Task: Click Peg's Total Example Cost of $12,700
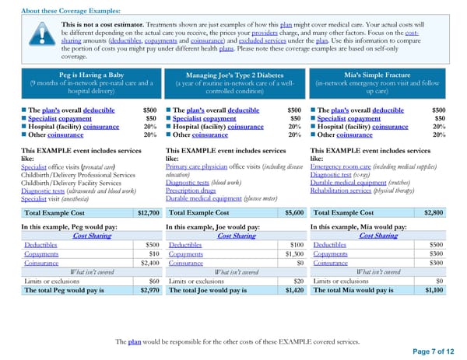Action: click(148, 211)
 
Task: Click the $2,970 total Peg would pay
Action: click(147, 290)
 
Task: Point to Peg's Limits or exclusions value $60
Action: click(153, 281)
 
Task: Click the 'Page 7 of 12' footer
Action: click(433, 351)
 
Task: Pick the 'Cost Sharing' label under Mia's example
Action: click(378, 236)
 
